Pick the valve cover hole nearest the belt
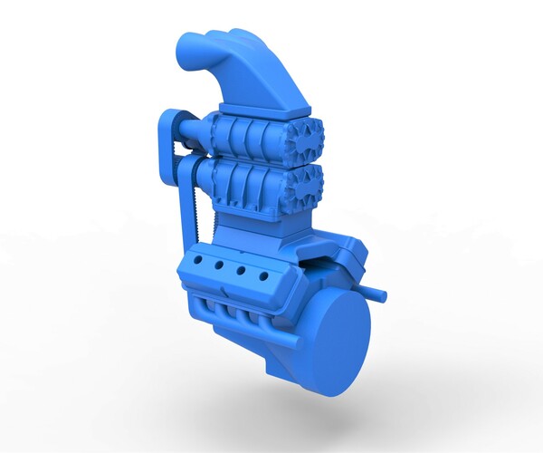coord(198,261)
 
